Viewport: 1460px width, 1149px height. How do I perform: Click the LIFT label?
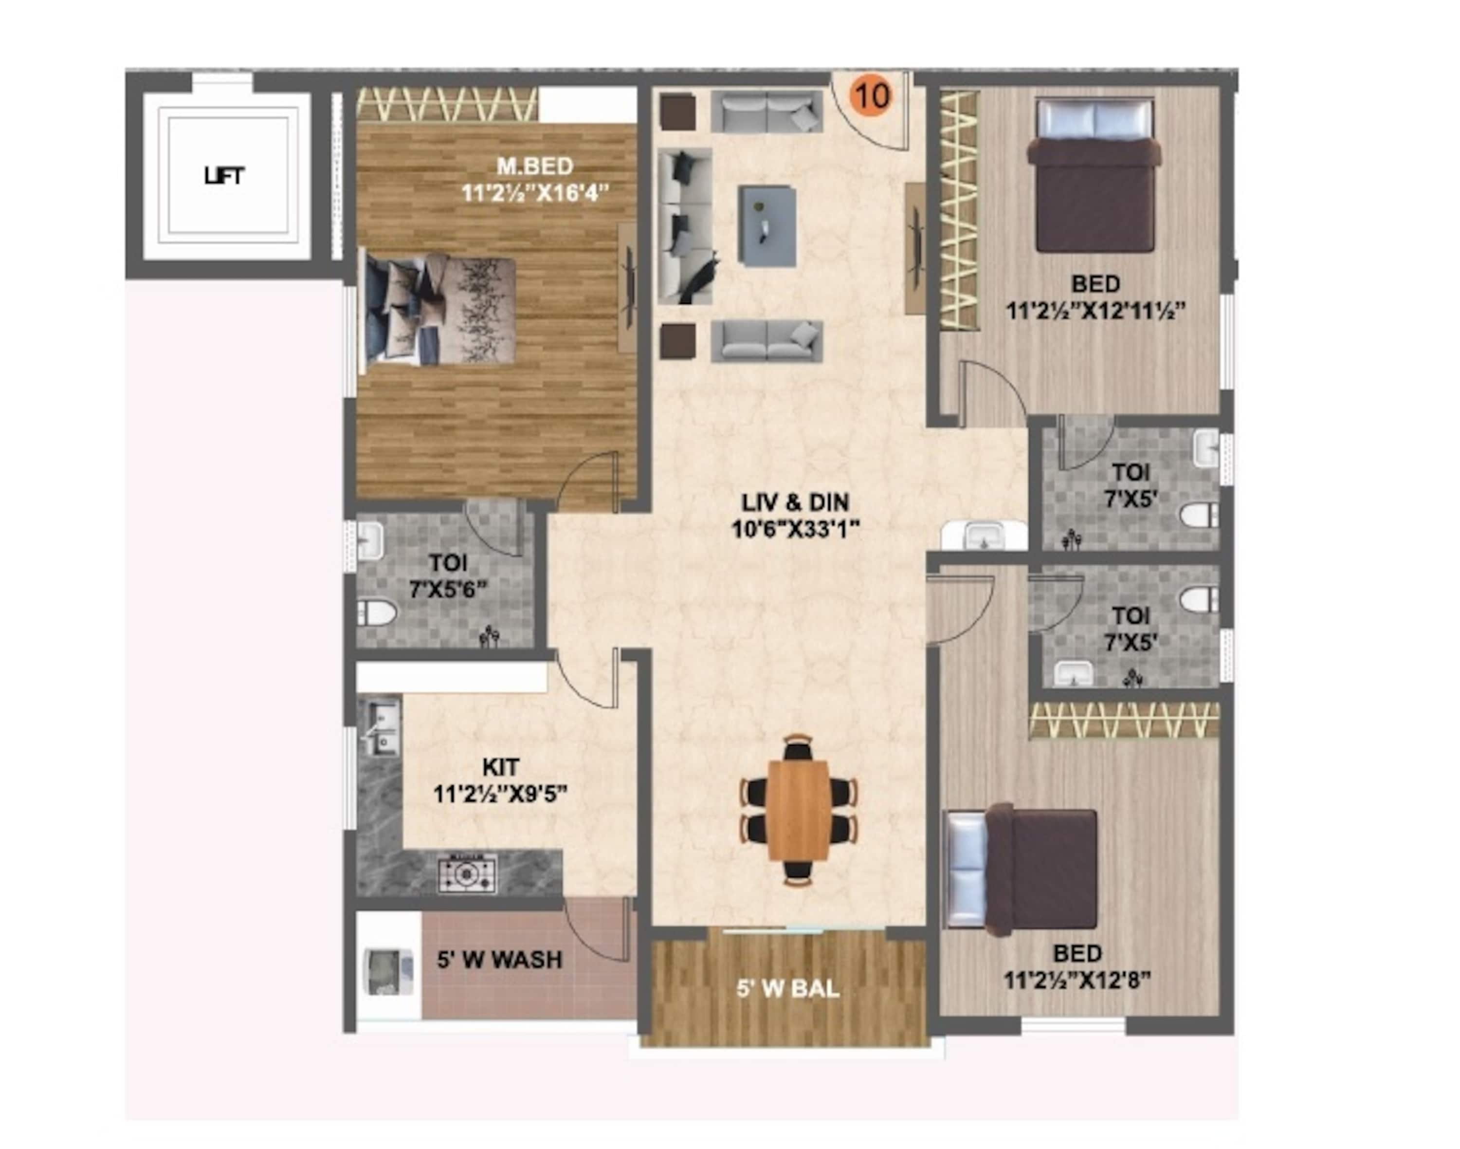point(224,176)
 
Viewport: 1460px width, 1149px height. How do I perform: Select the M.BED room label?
point(535,165)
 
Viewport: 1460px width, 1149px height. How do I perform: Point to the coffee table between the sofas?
point(767,226)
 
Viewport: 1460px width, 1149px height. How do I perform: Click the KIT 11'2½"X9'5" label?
point(500,780)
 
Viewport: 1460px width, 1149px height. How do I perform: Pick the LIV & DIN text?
point(795,502)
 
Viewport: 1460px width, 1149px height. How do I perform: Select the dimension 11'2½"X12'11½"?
point(1095,311)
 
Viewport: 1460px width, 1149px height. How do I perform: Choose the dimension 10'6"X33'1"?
point(796,529)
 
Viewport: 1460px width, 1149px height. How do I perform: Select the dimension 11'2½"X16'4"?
point(535,193)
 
